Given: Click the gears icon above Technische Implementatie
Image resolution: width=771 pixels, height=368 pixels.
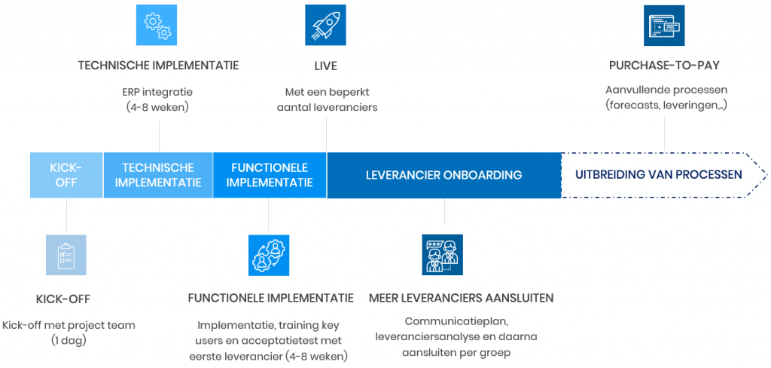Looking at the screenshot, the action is tap(157, 25).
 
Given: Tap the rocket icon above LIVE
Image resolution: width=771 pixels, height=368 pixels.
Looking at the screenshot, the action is tap(325, 25).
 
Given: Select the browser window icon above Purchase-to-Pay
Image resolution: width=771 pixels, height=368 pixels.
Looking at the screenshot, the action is tap(664, 25).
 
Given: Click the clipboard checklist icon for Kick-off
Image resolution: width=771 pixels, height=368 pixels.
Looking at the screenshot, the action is tap(66, 255).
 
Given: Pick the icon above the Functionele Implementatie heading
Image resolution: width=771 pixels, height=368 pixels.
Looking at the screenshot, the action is tap(269, 255).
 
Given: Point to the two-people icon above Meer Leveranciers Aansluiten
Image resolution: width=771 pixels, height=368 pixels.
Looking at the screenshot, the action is tap(443, 255).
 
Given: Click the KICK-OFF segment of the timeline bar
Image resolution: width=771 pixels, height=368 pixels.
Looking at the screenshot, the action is tap(66, 175).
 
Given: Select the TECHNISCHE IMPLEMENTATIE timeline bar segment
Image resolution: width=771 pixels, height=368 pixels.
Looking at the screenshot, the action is tap(158, 175).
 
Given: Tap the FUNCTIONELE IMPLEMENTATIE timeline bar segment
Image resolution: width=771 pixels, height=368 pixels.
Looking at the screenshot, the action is tap(270, 175).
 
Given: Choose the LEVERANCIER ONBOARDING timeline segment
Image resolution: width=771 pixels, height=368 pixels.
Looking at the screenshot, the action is tap(444, 175).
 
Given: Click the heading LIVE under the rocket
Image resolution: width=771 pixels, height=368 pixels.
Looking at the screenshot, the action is tap(325, 66).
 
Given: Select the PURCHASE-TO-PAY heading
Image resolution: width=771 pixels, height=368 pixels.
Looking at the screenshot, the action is tap(664, 66).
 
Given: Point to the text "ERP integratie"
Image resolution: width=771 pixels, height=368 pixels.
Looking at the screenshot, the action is tap(157, 92).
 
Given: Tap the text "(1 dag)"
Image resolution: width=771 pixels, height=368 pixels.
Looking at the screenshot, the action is tap(69, 340).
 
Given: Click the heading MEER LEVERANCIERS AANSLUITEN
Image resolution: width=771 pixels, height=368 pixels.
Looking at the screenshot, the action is tap(462, 298).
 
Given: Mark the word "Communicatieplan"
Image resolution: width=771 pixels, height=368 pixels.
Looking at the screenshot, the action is tap(456, 322).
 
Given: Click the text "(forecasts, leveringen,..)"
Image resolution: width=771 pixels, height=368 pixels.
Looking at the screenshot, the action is tap(666, 106).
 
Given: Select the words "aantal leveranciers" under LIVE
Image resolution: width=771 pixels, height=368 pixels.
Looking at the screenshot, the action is tap(327, 107).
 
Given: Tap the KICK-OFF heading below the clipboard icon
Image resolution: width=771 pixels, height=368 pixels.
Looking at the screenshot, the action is tap(63, 299).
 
